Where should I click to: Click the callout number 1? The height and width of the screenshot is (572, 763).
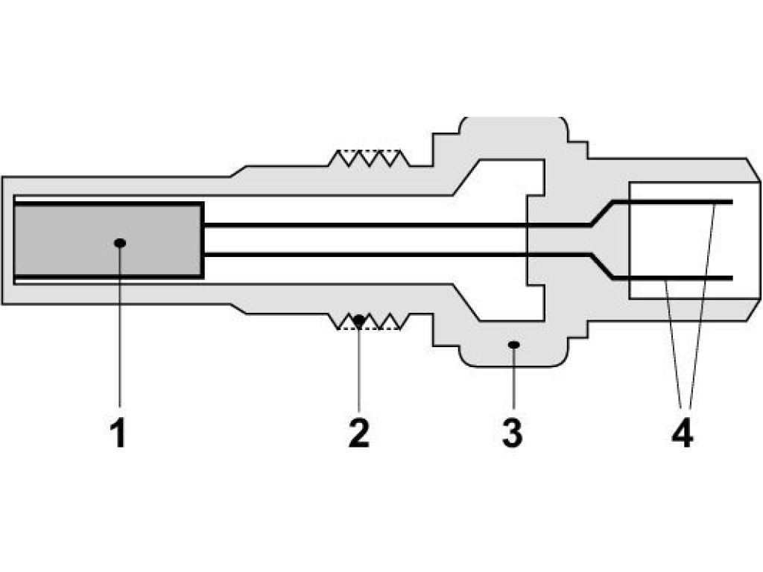tap(118, 433)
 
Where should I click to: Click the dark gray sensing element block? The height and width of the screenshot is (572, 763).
tap(107, 240)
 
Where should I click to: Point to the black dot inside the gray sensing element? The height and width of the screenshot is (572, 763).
tap(120, 243)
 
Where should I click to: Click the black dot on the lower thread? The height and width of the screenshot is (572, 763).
tap(359, 320)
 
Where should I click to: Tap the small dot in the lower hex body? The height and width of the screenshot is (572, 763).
tap(514, 345)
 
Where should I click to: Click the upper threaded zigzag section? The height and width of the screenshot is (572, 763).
tap(370, 158)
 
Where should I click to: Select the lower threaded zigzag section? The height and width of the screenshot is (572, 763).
tap(370, 322)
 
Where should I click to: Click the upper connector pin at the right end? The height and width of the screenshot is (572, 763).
tap(672, 202)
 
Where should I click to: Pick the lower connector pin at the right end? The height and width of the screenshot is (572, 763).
tap(672, 279)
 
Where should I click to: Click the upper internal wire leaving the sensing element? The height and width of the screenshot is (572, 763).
tap(397, 225)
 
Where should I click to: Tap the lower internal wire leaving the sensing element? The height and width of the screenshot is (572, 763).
tap(397, 255)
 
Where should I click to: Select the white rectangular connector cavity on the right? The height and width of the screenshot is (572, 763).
tap(694, 241)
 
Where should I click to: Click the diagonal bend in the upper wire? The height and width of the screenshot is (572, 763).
tap(602, 213)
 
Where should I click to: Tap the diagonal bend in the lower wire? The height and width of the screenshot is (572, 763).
tap(602, 266)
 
